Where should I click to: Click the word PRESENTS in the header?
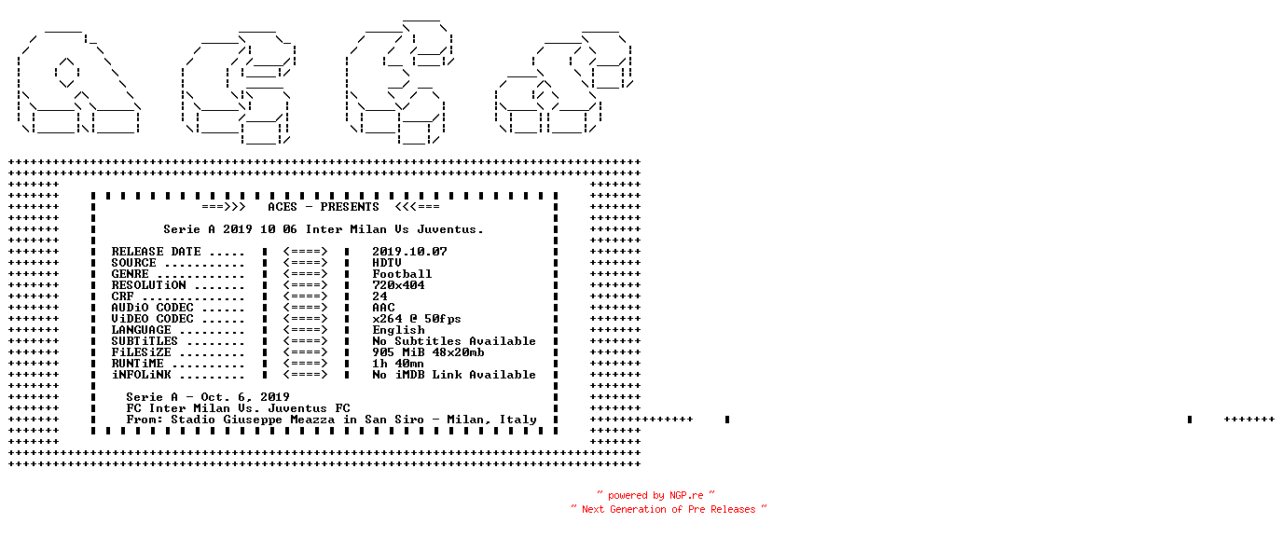(350, 207)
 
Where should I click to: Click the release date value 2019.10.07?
(409, 252)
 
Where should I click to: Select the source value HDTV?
(387, 263)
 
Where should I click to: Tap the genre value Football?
(402, 274)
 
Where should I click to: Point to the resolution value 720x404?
(398, 285)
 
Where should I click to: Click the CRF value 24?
(379, 296)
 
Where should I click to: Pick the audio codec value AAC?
(383, 308)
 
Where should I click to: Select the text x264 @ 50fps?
(417, 318)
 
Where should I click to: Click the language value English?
(399, 330)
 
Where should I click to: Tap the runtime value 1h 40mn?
(398, 364)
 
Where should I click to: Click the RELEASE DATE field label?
(156, 252)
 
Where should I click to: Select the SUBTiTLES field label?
(145, 341)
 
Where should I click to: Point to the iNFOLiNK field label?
(141, 375)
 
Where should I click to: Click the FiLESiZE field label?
(141, 352)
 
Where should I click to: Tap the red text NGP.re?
(686, 495)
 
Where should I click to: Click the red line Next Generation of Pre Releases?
(669, 509)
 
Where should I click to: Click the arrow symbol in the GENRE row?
(305, 274)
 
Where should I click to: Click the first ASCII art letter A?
(79, 82)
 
